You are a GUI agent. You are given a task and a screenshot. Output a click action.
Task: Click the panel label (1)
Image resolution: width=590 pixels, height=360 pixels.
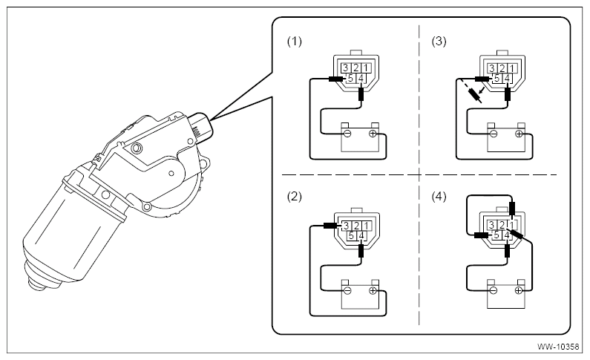(x=294, y=41)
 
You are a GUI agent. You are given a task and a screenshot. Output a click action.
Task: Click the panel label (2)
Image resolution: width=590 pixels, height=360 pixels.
(x=294, y=197)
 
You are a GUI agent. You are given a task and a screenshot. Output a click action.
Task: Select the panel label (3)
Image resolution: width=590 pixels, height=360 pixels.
(x=439, y=41)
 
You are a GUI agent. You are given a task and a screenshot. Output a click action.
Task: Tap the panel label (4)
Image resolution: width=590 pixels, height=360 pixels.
(x=439, y=197)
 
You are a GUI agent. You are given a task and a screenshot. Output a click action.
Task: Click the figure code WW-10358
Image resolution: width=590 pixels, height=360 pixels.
(x=558, y=347)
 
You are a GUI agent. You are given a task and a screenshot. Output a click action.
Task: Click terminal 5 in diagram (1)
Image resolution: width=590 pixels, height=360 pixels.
(x=351, y=78)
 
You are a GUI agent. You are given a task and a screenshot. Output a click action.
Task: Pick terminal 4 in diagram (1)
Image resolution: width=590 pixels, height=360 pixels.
(x=361, y=78)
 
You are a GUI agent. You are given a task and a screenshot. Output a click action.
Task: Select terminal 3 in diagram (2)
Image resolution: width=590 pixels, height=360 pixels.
(x=346, y=226)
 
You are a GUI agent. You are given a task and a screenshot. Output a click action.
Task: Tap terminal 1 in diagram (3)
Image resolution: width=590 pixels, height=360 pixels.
(x=512, y=68)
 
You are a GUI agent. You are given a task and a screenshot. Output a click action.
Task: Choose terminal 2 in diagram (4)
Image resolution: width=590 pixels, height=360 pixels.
(x=502, y=225)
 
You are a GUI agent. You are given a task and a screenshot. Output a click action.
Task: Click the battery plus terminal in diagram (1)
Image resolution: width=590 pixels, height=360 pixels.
(x=373, y=133)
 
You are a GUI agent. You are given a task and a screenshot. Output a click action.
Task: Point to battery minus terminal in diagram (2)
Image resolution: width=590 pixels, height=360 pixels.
(x=347, y=290)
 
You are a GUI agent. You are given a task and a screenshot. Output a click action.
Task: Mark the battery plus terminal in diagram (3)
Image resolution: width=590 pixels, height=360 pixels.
(x=519, y=133)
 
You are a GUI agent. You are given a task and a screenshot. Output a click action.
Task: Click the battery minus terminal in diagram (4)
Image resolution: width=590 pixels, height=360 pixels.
(x=494, y=290)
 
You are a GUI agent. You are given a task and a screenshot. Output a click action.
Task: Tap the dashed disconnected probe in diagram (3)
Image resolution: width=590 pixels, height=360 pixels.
(x=473, y=96)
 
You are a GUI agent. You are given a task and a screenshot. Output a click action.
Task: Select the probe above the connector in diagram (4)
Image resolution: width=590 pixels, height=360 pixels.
(x=512, y=209)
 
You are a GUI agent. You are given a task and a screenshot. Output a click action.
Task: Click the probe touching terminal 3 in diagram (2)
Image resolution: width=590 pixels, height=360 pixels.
(x=331, y=226)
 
